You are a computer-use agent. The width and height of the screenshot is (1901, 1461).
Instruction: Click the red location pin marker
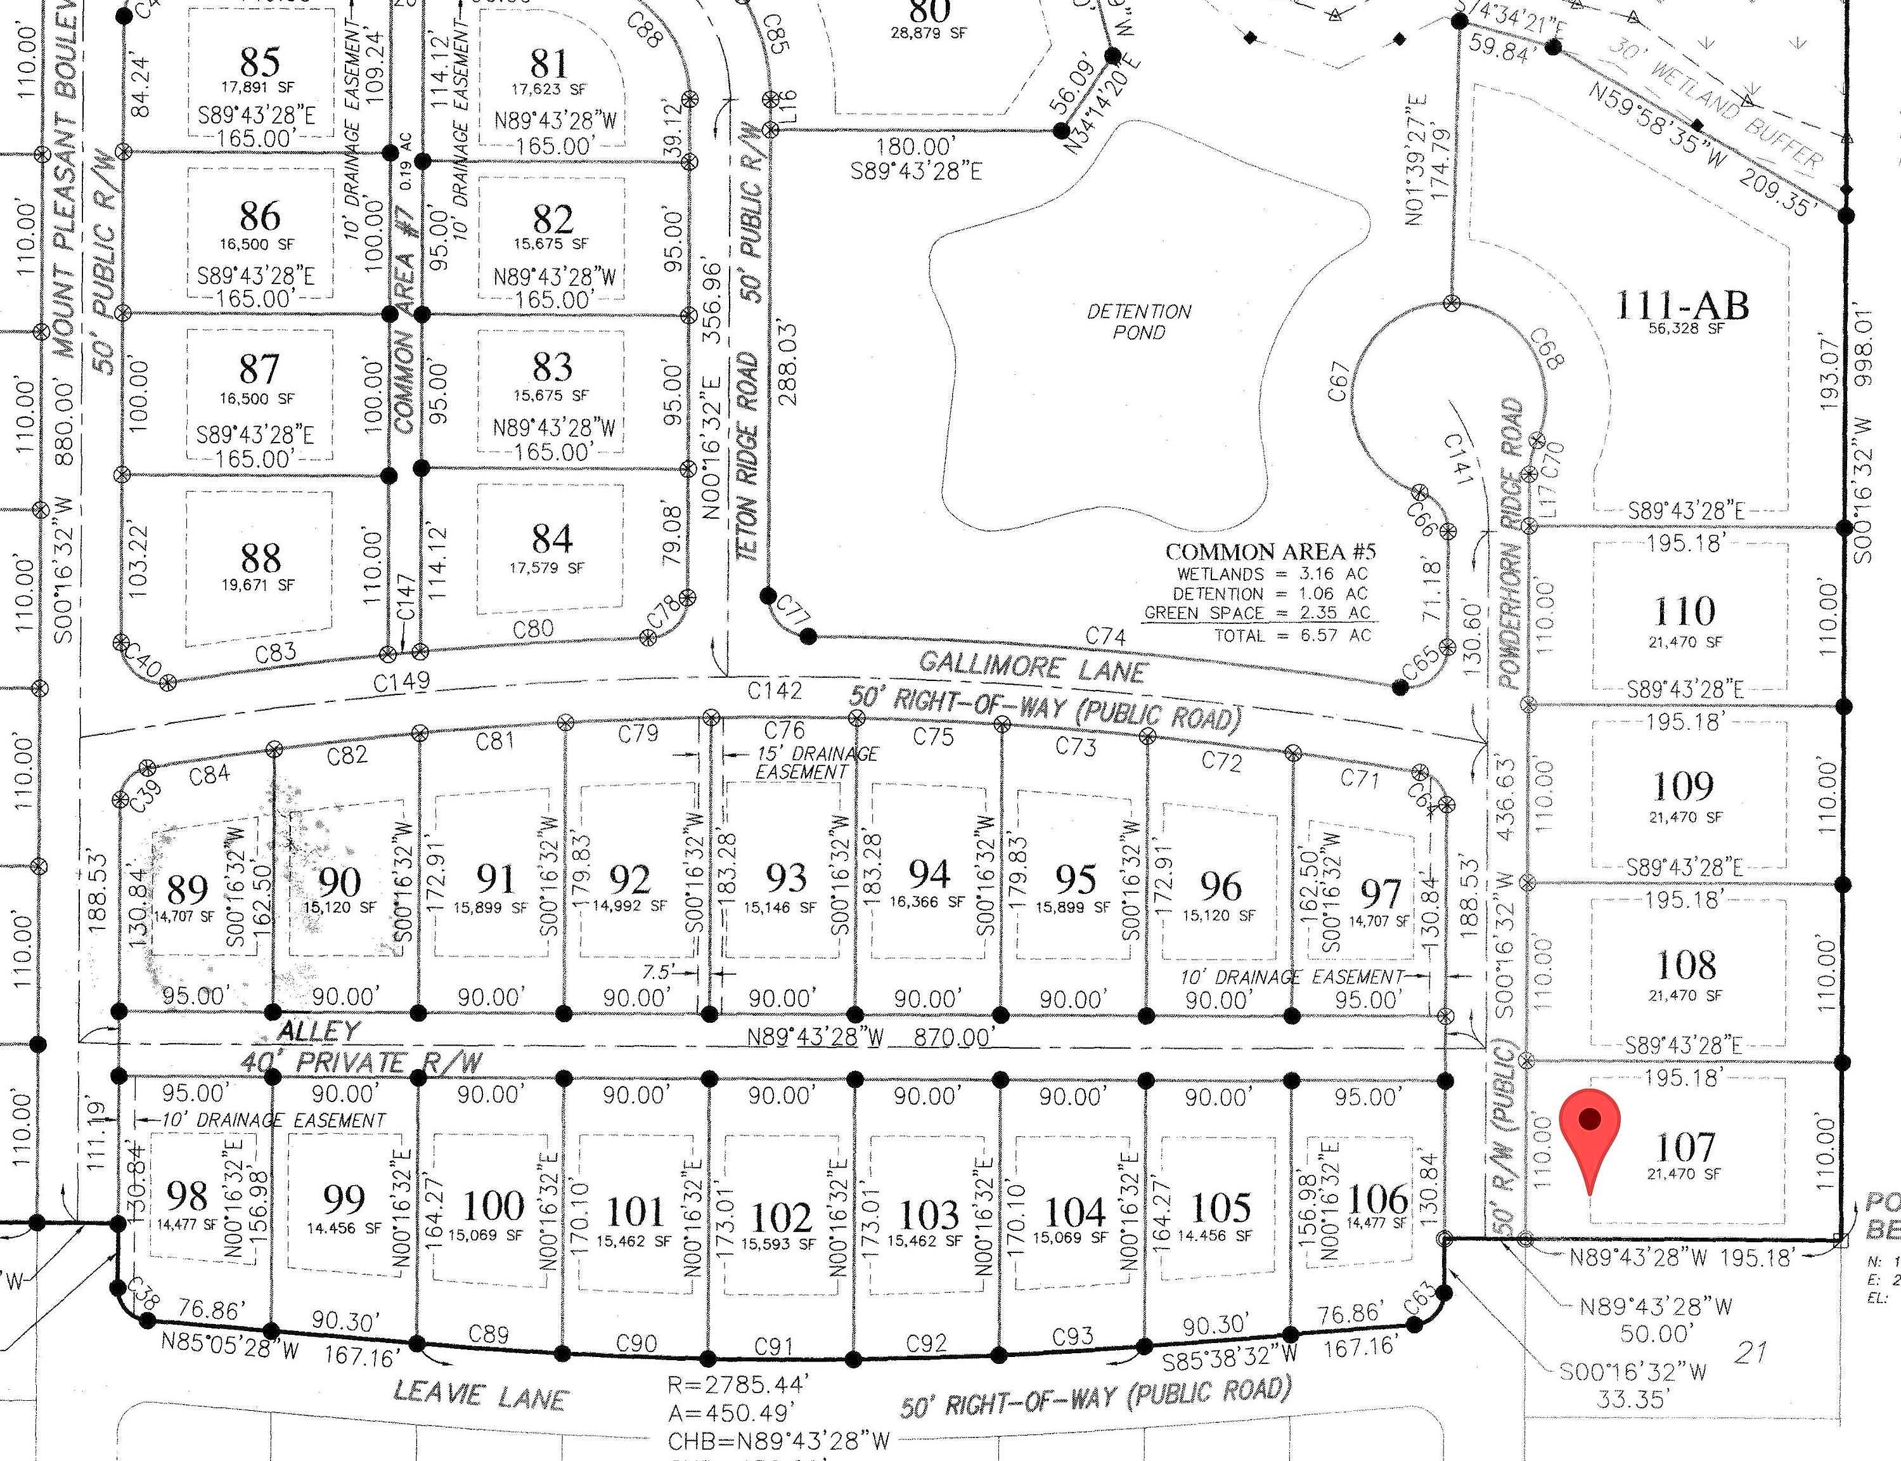[x=1590, y=1131]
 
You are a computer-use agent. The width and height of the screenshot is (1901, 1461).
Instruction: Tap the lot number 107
[x=1685, y=1147]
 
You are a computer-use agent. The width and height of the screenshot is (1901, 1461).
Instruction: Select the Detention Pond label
[x=1138, y=321]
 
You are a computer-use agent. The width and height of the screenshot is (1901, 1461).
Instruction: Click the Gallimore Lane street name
[x=1033, y=667]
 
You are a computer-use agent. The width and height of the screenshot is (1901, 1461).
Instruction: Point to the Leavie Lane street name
[x=480, y=1397]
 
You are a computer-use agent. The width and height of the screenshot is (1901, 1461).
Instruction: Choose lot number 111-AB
[x=1682, y=305]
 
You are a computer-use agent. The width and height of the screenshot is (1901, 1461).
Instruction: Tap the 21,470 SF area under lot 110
[x=1685, y=642]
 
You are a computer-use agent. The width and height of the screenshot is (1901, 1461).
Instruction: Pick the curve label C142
[x=775, y=691]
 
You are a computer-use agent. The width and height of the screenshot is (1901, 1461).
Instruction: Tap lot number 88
[x=260, y=557]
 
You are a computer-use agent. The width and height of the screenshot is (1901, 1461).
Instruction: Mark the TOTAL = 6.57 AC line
[x=1292, y=636]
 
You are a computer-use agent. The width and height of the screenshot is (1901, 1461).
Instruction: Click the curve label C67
[x=1339, y=382]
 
